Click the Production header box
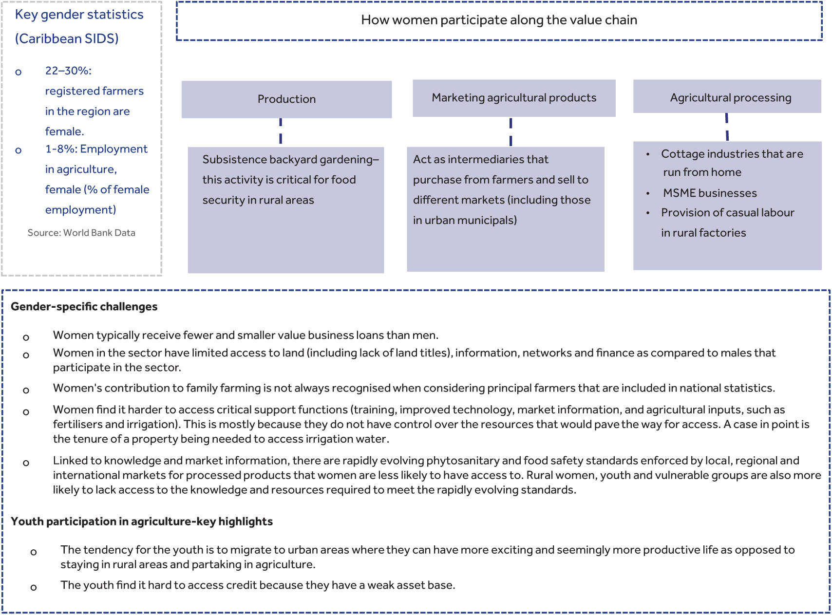[286, 99]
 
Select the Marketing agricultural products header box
[514, 98]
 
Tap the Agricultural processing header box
[727, 97]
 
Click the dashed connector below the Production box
[281, 131]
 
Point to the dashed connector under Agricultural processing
[727, 127]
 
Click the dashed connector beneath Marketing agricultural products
[511, 131]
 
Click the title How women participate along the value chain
[499, 20]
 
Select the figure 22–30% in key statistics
[68, 71]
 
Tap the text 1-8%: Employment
[96, 149]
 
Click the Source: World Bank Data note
[81, 233]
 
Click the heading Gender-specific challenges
[84, 307]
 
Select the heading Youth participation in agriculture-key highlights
[141, 522]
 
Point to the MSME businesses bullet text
[710, 193]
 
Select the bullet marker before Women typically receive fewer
[26, 337]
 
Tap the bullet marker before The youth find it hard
[33, 588]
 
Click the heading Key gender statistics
[79, 15]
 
